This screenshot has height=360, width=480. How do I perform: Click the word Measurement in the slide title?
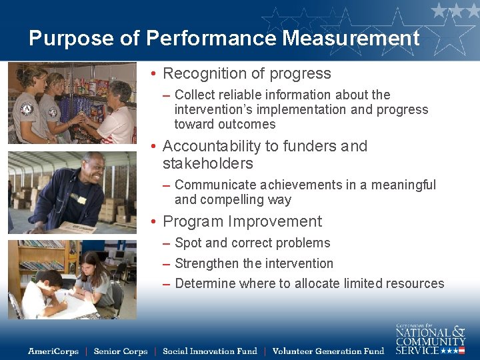coord(351,38)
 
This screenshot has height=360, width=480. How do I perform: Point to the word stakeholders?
coord(208,163)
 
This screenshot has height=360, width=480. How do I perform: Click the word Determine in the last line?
coord(205,283)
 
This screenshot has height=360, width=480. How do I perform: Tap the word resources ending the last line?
coord(415,283)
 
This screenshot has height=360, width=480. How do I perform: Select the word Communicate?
coord(216,185)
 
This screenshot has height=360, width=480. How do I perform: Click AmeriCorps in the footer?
coord(53,351)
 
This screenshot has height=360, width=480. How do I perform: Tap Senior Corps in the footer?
coord(121,351)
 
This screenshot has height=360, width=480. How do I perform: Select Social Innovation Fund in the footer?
coord(210,351)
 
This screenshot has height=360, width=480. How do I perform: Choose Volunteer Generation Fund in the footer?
coord(328,351)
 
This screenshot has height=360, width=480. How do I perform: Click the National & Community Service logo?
coord(430,339)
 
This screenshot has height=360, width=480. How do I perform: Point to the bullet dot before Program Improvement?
coord(153,222)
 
